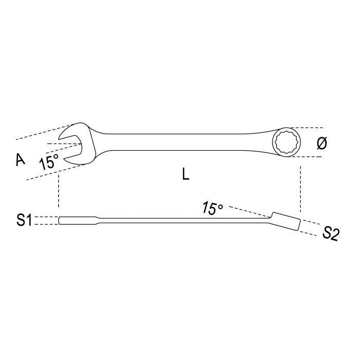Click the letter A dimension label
[x=21, y=159]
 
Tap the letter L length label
[x=186, y=174]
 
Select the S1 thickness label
[x=24, y=220]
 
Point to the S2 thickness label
[x=330, y=233]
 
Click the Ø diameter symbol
[x=321, y=143]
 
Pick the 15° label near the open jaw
[x=49, y=161]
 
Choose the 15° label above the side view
[x=212, y=208]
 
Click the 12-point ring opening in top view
[x=287, y=142]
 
